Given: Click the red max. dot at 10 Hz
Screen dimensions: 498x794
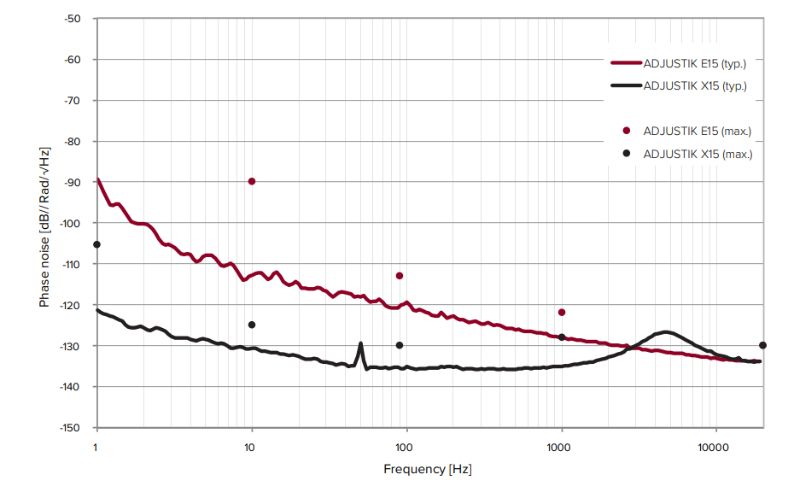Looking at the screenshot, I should pos(252,181).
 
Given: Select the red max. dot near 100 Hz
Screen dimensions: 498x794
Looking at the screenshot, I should pos(400,276).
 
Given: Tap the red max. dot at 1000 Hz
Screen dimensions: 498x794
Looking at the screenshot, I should pos(562,313).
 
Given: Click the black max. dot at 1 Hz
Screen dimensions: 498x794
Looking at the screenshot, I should pos(96,244).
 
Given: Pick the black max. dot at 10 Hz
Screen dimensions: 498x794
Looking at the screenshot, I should pos(252,325).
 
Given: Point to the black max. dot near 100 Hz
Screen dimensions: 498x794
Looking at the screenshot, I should pos(400,345).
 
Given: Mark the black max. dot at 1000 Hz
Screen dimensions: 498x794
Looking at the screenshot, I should pos(562,337).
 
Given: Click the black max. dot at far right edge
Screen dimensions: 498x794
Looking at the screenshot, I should pos(762,345).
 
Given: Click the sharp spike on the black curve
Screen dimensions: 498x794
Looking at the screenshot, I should pos(360,344).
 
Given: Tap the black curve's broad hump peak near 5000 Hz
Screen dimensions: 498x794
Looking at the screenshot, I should pos(665,331).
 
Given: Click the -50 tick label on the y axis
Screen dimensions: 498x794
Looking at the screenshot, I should pos(73,18).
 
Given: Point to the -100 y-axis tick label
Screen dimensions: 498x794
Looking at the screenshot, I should pos(70,223).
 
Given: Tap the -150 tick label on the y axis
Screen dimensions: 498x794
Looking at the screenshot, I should pos(70,428).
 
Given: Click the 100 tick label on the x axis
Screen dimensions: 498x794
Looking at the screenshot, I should pos(405,447).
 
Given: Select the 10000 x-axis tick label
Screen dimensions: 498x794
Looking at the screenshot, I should pos(714,447).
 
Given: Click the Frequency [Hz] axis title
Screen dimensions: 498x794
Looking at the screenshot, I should pos(428,469).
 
